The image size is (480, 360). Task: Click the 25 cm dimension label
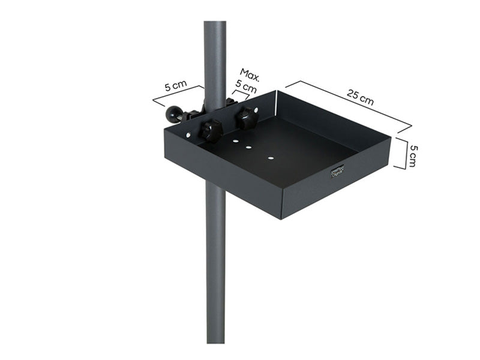click(360, 97)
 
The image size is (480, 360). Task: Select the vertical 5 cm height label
click(412, 155)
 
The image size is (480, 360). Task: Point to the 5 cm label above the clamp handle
click(175, 85)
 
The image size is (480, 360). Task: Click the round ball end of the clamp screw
click(174, 113)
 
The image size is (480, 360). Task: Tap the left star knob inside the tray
click(211, 130)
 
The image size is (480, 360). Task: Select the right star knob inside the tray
click(246, 118)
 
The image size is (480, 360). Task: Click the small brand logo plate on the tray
click(337, 172)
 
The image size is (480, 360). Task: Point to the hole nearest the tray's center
click(271, 158)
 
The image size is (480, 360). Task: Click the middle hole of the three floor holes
click(248, 146)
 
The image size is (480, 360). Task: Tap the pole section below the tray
click(215, 270)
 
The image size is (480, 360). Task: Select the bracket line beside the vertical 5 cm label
click(403, 155)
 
